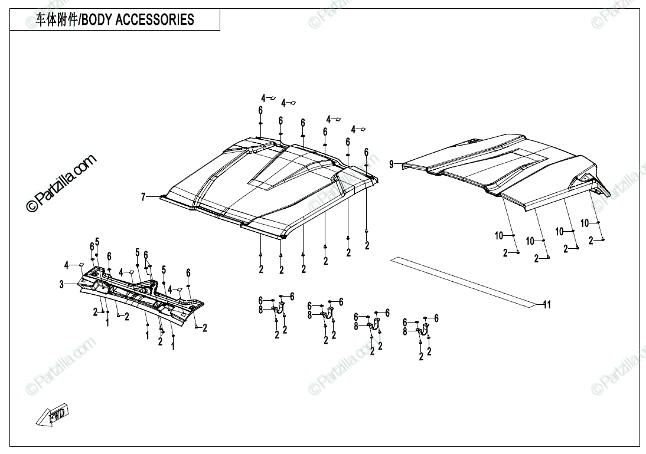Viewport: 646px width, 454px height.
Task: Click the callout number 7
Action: click(x=142, y=198)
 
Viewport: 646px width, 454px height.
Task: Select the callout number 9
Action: click(x=391, y=165)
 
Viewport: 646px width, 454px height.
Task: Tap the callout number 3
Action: click(x=61, y=284)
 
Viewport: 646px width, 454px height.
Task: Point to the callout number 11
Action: click(x=547, y=304)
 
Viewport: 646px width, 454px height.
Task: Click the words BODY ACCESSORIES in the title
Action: click(x=137, y=19)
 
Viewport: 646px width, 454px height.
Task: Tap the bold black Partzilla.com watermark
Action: click(x=61, y=184)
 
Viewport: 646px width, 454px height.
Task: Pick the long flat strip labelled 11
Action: click(x=461, y=279)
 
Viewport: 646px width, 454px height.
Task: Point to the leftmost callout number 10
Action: click(x=499, y=236)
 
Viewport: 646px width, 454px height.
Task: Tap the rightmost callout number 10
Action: click(x=585, y=223)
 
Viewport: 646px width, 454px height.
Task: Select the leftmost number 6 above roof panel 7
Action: click(x=260, y=110)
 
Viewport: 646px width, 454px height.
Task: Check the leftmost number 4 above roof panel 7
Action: click(x=264, y=98)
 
